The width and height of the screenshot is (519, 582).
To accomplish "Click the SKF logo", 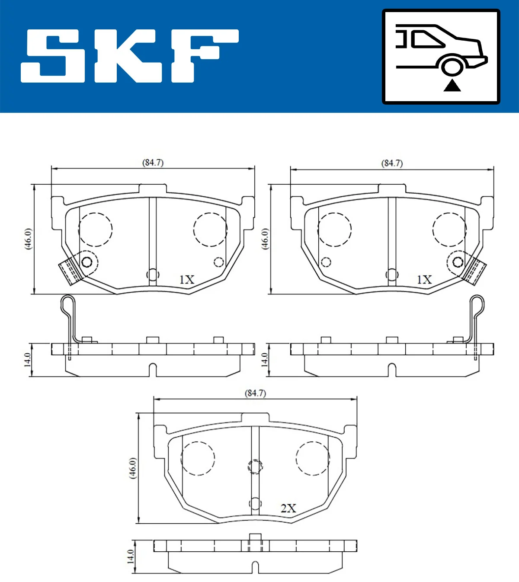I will pos(130,56).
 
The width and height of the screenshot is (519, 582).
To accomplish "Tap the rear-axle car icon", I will pos(441,56).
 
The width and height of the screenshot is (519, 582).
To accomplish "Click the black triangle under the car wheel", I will pos(452,86).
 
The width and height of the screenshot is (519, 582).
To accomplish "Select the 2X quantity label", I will pos(288,508).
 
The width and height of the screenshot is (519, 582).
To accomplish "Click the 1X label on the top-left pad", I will pos(187,280).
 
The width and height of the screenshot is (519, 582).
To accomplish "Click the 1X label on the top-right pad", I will pos(424,280).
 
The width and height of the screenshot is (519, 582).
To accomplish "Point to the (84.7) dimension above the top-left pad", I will pos(153,163).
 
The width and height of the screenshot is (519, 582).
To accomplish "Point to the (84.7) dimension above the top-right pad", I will pos(392,163).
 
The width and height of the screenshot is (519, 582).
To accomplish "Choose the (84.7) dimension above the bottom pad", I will pos(255,393).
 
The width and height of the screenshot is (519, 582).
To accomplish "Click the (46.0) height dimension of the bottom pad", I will pos(132,468).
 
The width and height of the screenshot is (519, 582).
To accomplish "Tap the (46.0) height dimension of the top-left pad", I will pos(28,239).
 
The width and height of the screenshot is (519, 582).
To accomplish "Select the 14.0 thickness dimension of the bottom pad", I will pos(130,557).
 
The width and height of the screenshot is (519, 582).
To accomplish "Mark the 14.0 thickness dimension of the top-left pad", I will pos(27,360).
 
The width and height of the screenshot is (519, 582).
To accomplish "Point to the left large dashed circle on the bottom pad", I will pos(198,458).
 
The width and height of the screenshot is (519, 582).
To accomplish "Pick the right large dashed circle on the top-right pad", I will pos(449,229).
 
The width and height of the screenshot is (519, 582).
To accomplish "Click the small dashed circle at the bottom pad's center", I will pos(255,467).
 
